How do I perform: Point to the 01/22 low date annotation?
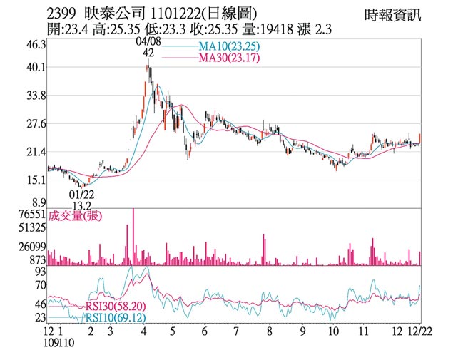[x=82, y=194]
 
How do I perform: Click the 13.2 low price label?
[x=82, y=205]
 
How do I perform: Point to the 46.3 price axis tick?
[x=35, y=44]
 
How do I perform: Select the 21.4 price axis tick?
[x=35, y=152]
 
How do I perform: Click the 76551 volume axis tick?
[x=32, y=215]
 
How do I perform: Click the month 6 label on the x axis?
[x=204, y=332]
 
